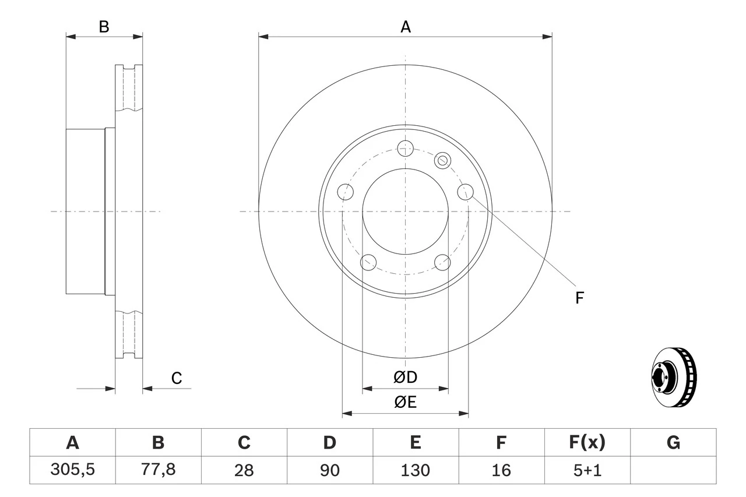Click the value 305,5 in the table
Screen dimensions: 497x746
coord(72,470)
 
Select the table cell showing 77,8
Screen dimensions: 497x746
coord(158,470)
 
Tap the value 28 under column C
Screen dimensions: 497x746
coord(244,470)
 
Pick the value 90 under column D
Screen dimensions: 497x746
coord(329,470)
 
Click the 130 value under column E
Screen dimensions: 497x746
coord(415,470)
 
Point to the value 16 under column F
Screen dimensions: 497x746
coord(501,470)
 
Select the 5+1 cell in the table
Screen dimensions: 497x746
coord(587,470)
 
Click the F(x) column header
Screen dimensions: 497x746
coord(587,443)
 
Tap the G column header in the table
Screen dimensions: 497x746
coord(673,443)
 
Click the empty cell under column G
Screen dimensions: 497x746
coord(673,470)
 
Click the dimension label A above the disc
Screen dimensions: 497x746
coord(405,27)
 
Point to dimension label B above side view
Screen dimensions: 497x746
coord(104,27)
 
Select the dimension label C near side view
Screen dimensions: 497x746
coord(177,378)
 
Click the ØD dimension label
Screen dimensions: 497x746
coord(405,378)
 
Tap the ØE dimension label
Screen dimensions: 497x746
coord(405,403)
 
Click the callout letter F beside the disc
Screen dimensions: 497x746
coord(579,298)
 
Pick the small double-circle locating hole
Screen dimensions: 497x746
coord(443,160)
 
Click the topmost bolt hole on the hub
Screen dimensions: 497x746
coord(405,148)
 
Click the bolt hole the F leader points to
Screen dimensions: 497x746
coord(465,192)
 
